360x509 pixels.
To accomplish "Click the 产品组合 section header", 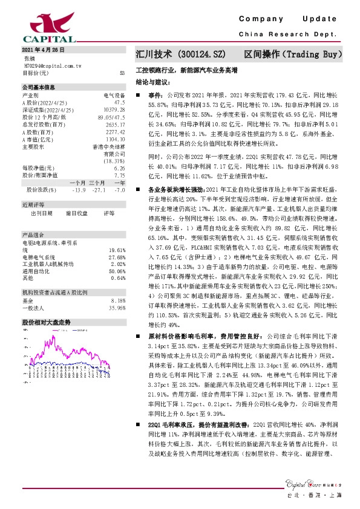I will (x=34, y=235).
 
